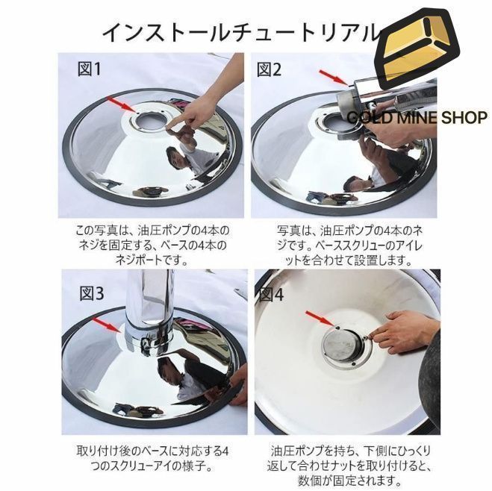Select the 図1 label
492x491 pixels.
pyautogui.click(x=91, y=69)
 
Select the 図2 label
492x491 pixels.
pyautogui.click(x=270, y=69)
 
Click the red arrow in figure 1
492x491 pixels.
pyautogui.click(x=122, y=104)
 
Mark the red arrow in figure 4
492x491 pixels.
pyautogui.click(x=319, y=319)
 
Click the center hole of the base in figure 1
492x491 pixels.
pyautogui.click(x=152, y=121)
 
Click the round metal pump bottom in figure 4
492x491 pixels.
pyautogui.click(x=341, y=348)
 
